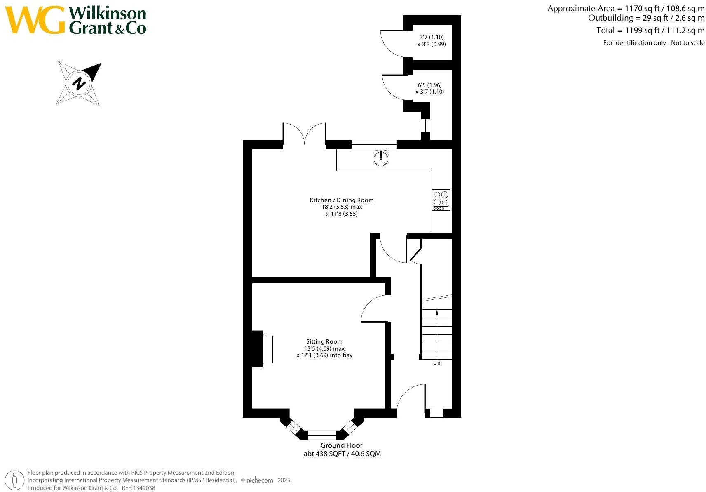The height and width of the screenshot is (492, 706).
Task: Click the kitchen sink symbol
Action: pos(381,158)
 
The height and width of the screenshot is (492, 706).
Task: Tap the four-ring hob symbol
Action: pos(441,200)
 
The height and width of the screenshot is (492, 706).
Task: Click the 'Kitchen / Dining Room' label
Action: pos(342,200)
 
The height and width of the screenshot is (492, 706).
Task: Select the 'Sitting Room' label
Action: pos(324,341)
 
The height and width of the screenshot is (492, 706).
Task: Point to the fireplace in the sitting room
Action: pos(262,349)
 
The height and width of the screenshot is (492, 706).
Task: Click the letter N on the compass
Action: pos(79,83)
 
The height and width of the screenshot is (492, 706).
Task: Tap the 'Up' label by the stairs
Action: pos(436,363)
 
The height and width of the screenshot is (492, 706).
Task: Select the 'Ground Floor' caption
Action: pos(341,445)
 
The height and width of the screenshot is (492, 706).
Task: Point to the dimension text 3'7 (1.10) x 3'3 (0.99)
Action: pos(432,41)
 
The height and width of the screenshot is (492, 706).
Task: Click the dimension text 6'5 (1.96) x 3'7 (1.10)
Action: pos(429,88)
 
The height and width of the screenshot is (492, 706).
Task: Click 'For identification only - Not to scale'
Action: pos(654,43)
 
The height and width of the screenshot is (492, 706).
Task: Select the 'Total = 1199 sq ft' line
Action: pos(650,30)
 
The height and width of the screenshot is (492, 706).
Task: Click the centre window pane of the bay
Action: pos(322,435)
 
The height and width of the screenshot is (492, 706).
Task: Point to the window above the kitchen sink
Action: pos(374,144)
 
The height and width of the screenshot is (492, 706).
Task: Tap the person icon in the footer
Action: pos(14,480)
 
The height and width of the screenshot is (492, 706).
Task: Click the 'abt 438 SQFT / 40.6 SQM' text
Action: pos(342,454)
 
